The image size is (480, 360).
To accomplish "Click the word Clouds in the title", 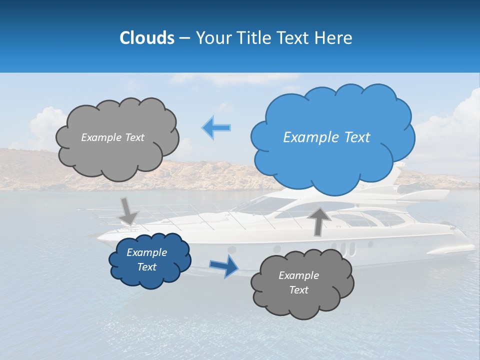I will click(x=146, y=38).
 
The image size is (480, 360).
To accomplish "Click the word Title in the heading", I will click(x=253, y=38).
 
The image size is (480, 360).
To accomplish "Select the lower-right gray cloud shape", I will click(x=302, y=283).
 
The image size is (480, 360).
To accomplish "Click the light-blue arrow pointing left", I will click(x=216, y=128).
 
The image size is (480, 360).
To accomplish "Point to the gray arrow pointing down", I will click(x=128, y=210).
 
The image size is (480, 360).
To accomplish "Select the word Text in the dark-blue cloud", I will click(x=147, y=267).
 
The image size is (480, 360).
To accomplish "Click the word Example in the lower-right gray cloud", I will click(x=298, y=275).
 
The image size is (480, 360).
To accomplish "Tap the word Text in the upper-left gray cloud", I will click(x=134, y=137).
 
